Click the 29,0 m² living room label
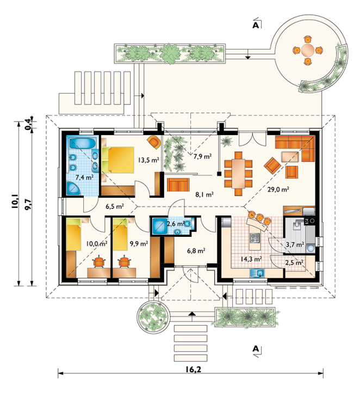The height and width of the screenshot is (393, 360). pyautogui.click(x=278, y=189)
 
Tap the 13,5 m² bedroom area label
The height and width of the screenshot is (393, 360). pyautogui.click(x=148, y=159)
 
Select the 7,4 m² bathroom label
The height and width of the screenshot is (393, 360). pyautogui.click(x=84, y=177)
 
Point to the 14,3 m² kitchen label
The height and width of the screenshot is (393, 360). pyautogui.click(x=251, y=259)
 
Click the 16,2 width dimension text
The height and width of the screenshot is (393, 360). pyautogui.click(x=194, y=369)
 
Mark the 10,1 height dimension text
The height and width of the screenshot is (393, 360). pyautogui.click(x=15, y=201)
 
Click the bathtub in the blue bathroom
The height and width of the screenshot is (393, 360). pyautogui.click(x=82, y=143)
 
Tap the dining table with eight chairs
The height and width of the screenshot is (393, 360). pyautogui.click(x=238, y=174)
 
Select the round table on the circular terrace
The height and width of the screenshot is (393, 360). pyautogui.click(x=308, y=51)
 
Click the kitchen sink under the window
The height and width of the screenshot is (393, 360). pyautogui.click(x=257, y=273)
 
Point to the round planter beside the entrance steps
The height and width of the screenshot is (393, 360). pyautogui.click(x=153, y=316)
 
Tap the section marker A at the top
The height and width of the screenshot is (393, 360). pyautogui.click(x=256, y=25)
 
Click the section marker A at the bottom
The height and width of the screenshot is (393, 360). pyautogui.click(x=256, y=348)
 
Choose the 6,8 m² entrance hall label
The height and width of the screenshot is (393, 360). pyautogui.click(x=196, y=250)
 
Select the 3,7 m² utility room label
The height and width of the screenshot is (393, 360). pyautogui.click(x=295, y=244)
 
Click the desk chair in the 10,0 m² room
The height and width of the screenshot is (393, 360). pyautogui.click(x=99, y=262)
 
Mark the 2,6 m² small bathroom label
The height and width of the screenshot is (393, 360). pyautogui.click(x=176, y=223)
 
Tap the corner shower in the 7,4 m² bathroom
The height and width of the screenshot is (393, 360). pyautogui.click(x=73, y=188)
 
